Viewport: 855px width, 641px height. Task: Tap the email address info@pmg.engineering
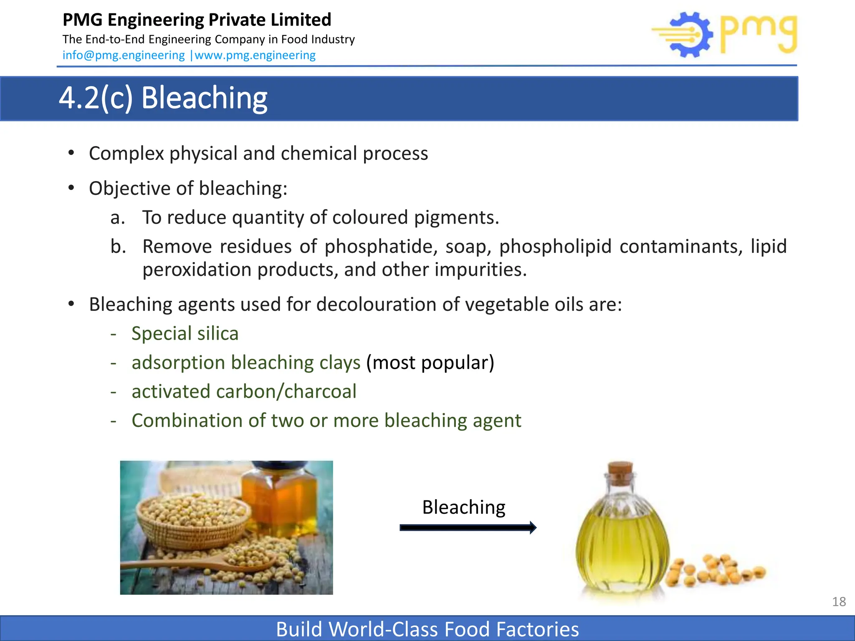tap(124, 55)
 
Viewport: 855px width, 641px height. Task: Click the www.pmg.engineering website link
tap(255, 55)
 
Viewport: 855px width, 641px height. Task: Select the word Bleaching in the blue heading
tap(204, 98)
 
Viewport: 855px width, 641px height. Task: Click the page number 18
tap(839, 601)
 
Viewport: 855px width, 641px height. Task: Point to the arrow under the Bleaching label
tap(468, 527)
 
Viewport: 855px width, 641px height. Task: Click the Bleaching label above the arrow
tap(463, 507)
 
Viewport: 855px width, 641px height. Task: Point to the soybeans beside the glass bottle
tap(716, 570)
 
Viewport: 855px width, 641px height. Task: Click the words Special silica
tap(185, 333)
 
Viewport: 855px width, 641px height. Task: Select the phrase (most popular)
tap(430, 362)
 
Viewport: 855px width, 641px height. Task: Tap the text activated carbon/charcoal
tap(244, 391)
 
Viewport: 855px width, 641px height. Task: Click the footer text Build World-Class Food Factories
tap(427, 629)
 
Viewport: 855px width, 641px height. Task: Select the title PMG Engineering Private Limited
tap(197, 20)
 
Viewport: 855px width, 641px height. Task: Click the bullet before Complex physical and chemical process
tap(71, 153)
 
